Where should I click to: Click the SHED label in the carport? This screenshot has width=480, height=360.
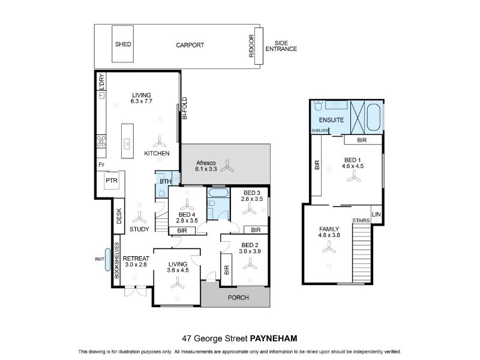(x=123, y=44)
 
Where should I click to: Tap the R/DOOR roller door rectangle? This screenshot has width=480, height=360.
(x=259, y=46)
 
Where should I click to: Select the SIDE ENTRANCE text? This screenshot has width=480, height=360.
(x=281, y=46)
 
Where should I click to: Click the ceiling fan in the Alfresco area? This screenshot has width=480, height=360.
(x=227, y=166)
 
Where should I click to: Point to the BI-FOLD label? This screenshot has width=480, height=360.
(x=185, y=108)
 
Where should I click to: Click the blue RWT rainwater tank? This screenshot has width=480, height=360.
(x=107, y=260)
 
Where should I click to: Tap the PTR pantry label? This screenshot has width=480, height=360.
(x=112, y=181)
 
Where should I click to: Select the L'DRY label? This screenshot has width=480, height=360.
(x=101, y=82)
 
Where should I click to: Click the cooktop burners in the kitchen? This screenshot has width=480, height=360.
(x=101, y=142)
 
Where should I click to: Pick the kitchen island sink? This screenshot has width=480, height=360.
(x=127, y=143)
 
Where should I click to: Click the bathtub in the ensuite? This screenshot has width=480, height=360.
(x=373, y=117)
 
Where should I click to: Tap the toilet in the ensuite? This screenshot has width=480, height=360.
(x=317, y=104)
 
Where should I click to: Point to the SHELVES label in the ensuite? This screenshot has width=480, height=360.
(x=320, y=131)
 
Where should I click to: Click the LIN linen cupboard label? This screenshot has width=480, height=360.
(x=376, y=214)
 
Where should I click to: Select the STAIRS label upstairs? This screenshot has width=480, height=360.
(x=361, y=220)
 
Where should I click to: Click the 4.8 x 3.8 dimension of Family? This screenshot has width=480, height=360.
(x=329, y=235)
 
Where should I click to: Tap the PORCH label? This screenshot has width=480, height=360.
(x=238, y=298)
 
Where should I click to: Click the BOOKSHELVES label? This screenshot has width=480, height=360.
(x=116, y=260)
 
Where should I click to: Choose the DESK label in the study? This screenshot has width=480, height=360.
(x=119, y=216)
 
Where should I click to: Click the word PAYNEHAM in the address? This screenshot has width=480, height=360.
(x=274, y=338)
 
